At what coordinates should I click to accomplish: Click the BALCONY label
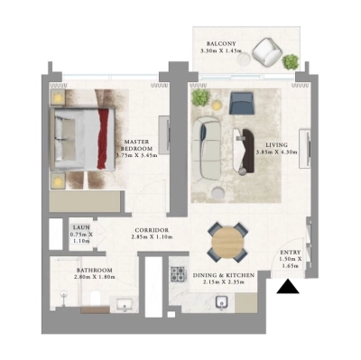[x=222, y=43]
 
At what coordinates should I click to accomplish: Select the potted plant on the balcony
[x=291, y=61]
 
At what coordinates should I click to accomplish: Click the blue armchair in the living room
[x=241, y=102]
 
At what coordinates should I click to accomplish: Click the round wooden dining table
[x=227, y=241]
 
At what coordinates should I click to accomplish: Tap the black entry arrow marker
[x=289, y=288]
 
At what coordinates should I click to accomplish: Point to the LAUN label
[x=82, y=227]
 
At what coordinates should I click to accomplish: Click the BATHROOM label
[x=94, y=270]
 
